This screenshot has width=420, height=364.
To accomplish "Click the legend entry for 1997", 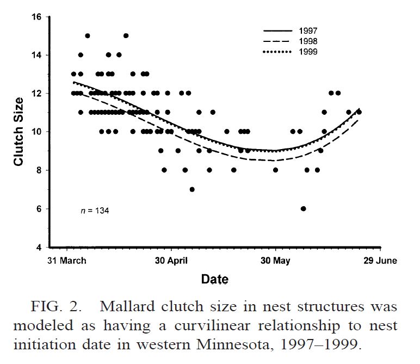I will pyautogui.click(x=307, y=31).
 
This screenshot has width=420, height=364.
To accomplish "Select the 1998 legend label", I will pyautogui.click(x=307, y=41).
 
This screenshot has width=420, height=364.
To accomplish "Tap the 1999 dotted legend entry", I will pyautogui.click(x=307, y=51).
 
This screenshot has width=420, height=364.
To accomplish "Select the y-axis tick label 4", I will pyautogui.click(x=39, y=248).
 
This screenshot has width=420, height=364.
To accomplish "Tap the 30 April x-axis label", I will pyautogui.click(x=171, y=261).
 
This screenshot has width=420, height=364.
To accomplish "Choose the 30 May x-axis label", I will pyautogui.click(x=275, y=261).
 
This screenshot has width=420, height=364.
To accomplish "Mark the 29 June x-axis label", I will pyautogui.click(x=380, y=261).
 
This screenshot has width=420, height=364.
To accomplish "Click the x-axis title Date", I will pyautogui.click(x=215, y=280).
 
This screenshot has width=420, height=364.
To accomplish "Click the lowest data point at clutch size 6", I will pyautogui.click(x=303, y=209).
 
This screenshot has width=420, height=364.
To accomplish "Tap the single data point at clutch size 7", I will pyautogui.click(x=192, y=189).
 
